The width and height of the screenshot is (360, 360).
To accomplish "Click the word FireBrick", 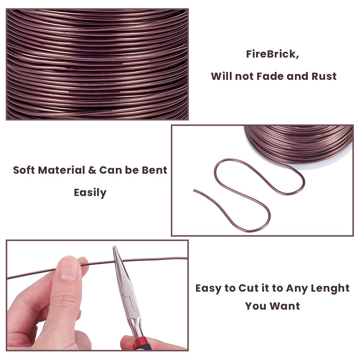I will pyautogui.click(x=272, y=55).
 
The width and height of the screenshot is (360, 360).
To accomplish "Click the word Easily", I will pyautogui.click(x=90, y=192).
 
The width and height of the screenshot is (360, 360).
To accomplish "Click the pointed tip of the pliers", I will pyautogui.click(x=114, y=247).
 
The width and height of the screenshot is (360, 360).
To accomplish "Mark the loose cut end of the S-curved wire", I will pyautogui.click(x=195, y=190).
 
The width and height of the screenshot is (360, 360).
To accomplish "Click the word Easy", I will pyautogui.click(x=209, y=288).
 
